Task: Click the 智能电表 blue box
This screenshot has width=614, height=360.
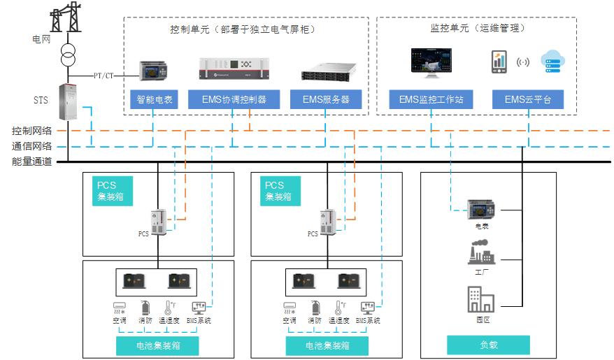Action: point(153,100)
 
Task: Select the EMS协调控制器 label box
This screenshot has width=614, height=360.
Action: point(234,100)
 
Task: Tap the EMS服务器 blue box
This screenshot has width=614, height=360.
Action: point(326,100)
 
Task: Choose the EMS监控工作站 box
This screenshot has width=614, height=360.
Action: point(431,100)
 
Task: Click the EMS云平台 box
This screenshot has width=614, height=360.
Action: point(528,100)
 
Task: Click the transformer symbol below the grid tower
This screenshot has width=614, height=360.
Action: point(68,55)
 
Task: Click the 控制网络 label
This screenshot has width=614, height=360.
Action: point(31,131)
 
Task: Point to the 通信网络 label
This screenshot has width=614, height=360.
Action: point(31,147)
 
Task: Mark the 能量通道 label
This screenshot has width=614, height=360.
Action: point(31,162)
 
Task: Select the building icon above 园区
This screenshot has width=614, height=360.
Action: point(481,299)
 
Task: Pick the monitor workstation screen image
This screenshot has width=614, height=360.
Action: point(431,62)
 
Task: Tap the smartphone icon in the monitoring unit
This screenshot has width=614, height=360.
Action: point(499,62)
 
